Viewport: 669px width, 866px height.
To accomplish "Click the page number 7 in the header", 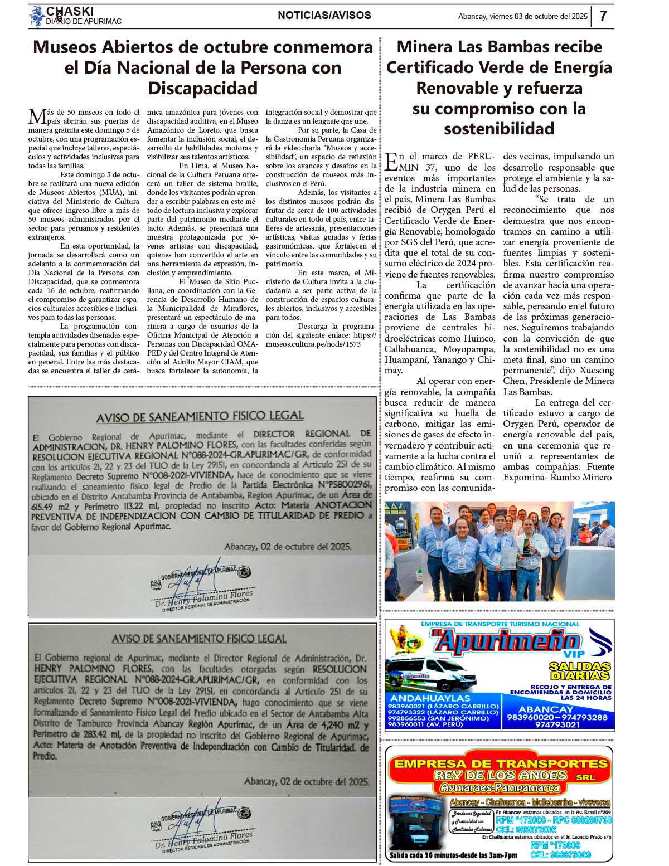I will coord(603,16).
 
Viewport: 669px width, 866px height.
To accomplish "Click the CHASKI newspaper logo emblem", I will coord(37,17).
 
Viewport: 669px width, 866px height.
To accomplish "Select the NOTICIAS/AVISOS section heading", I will coord(324,16).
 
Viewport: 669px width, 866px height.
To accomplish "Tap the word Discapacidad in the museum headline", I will coord(203,88).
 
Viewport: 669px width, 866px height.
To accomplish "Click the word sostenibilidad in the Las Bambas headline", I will coord(499,129).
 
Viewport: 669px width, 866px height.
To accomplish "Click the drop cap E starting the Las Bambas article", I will coord(391,161).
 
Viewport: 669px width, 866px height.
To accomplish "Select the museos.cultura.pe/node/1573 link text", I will coord(313,344).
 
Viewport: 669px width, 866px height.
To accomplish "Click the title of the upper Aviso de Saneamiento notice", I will coord(200,416).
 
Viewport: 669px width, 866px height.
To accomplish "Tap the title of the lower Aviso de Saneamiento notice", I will coord(199,639).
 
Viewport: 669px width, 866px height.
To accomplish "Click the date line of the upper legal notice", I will coord(288,547).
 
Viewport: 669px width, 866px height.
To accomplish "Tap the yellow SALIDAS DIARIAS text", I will coord(579,671).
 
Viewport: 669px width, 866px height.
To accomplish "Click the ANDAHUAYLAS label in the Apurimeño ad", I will coord(430,698).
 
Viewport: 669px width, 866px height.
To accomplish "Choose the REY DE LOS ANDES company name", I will coord(501,775).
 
